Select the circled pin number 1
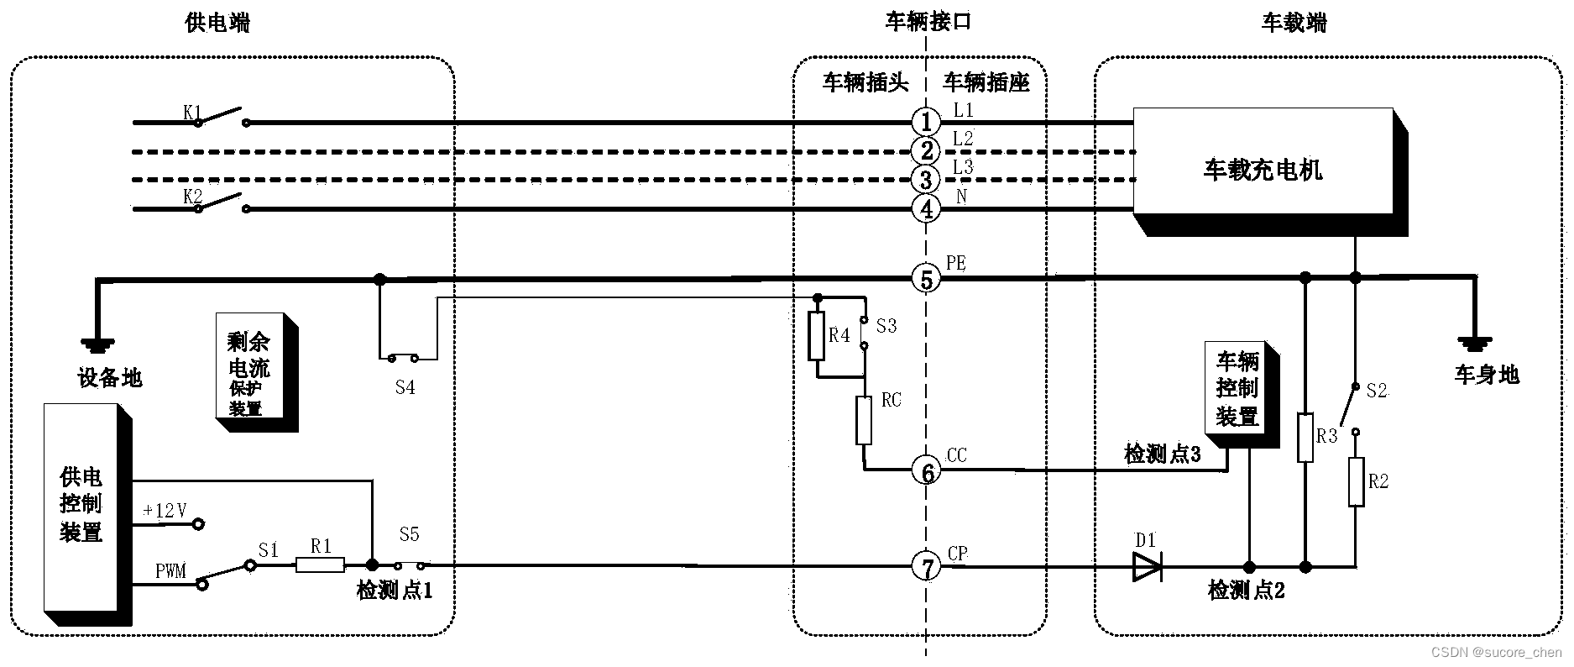pos(926,122)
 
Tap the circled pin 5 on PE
pos(926,278)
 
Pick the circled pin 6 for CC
pos(927,473)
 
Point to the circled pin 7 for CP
pos(927,568)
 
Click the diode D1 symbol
pos(1147,567)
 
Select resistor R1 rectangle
pos(320,565)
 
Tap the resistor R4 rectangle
pos(816,336)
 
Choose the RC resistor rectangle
pos(864,420)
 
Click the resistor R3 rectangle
pos(1305,437)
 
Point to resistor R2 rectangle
pos(1356,481)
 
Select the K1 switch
pos(220,117)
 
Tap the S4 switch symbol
pos(403,359)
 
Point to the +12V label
pos(165,511)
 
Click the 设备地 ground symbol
pos(98,344)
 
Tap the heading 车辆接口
pos(928,22)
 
